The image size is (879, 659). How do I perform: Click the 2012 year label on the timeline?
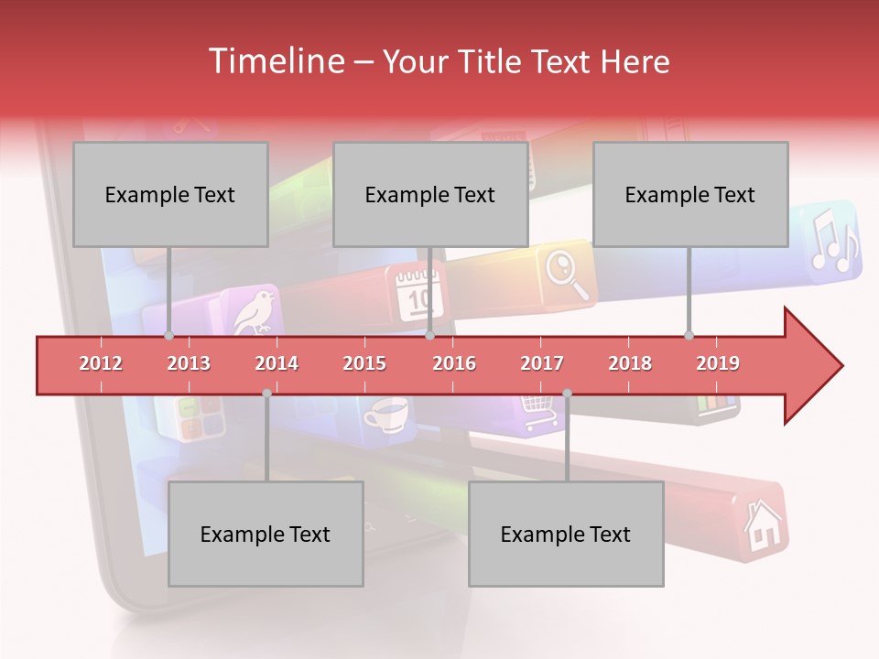101,363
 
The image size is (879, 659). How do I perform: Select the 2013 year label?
189,363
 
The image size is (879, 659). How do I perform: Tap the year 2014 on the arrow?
277,363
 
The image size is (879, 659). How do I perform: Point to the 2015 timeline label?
364,363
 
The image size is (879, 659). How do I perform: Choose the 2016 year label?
454,363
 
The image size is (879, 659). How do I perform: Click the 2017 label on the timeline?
542,363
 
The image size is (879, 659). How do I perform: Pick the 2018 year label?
630,363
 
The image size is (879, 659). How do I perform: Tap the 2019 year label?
718,363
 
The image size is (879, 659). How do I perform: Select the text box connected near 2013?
170,194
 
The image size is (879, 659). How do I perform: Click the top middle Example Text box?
430,194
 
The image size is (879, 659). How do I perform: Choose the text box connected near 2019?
690,194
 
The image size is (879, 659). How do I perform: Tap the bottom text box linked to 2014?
266,534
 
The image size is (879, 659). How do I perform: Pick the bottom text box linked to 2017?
566,534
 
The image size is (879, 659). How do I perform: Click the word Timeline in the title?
276,61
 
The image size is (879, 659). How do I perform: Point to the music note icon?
833,240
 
